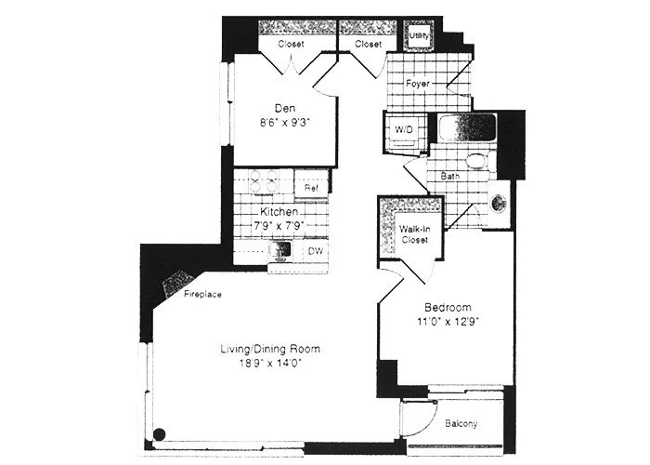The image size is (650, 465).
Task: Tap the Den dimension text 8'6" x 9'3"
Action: (285, 121)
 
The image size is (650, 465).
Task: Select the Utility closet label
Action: (419, 35)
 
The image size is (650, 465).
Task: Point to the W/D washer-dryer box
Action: (405, 129)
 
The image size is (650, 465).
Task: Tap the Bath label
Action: (451, 175)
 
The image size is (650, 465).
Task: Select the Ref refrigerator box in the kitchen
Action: (312, 188)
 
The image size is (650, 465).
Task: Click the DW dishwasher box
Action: (315, 250)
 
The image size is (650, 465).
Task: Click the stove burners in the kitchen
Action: (262, 183)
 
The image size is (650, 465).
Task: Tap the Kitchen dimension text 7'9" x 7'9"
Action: (279, 226)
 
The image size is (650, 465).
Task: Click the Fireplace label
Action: (201, 296)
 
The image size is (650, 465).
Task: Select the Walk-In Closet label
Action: (413, 234)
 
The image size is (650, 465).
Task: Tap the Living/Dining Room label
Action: (269, 350)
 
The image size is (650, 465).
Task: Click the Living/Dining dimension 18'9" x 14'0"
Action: (269, 365)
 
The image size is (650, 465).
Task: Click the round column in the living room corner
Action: (159, 432)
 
